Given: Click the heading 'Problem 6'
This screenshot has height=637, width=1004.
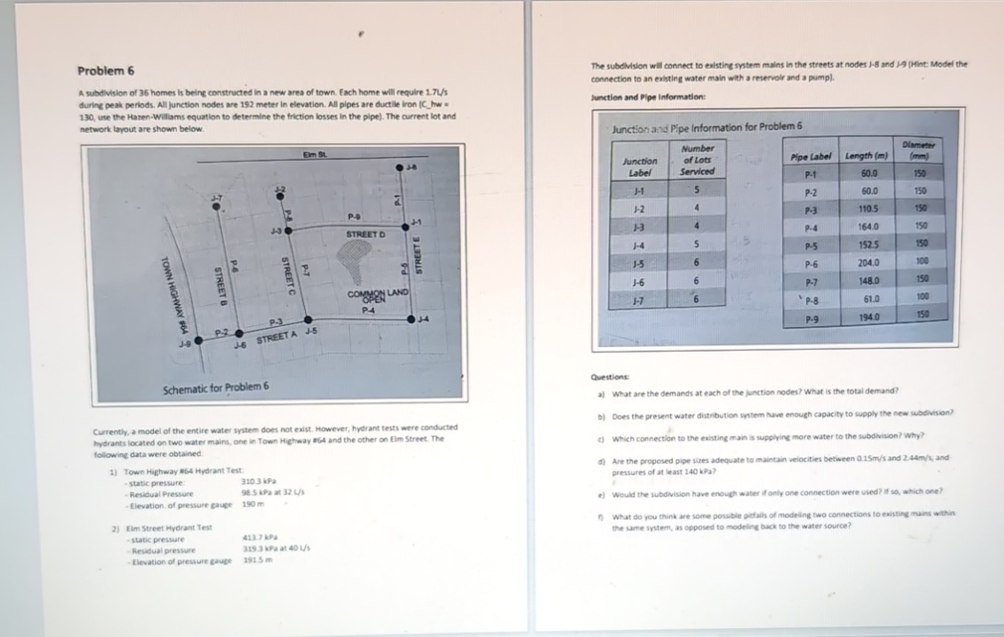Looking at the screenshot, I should tap(106, 71).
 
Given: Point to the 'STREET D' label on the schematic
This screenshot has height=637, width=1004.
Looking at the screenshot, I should tap(365, 234).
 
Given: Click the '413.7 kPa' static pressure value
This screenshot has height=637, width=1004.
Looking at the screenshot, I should tap(258, 539).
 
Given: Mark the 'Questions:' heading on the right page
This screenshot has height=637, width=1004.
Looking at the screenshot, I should tap(607, 378).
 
